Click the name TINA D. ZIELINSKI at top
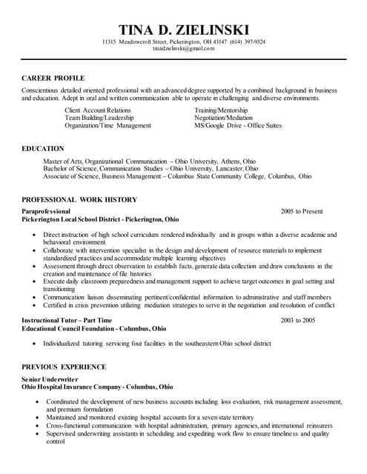183,29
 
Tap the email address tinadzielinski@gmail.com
183,49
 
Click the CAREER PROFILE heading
53,78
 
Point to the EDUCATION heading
43,149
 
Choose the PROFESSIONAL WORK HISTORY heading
79,200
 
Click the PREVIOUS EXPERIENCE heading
64,367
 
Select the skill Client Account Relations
98,110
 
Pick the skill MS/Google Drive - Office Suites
238,126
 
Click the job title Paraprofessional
46,212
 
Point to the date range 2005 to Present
302,212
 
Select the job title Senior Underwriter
49,378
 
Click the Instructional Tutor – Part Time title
67,320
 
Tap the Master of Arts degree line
148,161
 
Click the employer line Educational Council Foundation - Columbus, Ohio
94,328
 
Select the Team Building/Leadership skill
99,118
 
